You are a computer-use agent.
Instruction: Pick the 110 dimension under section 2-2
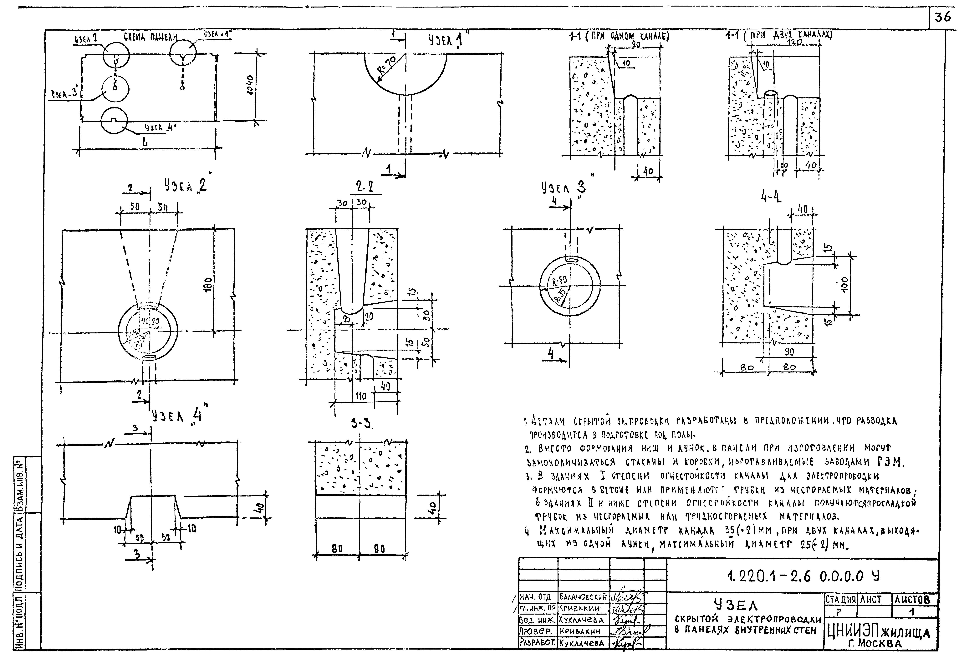point(360,396)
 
